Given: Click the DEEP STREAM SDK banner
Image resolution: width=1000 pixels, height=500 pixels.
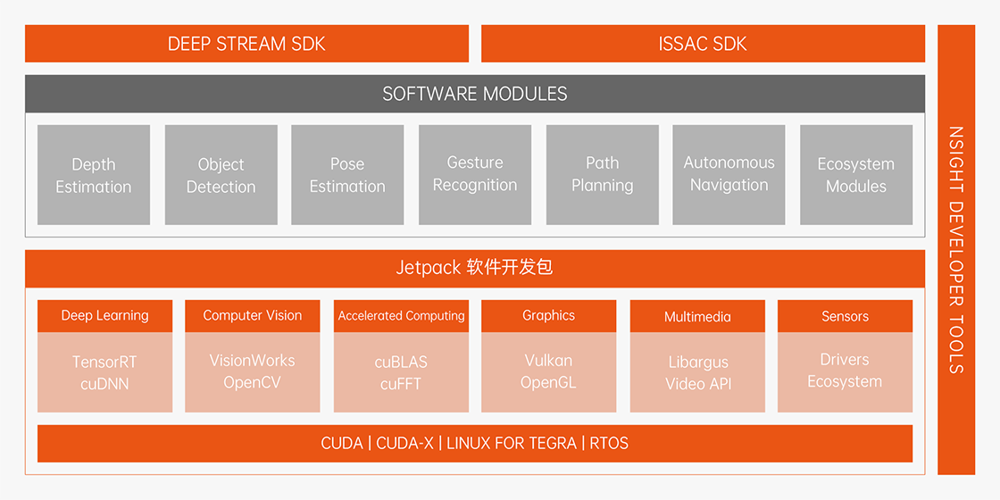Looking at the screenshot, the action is (x=246, y=44).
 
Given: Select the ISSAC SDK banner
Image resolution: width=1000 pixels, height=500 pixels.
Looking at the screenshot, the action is (x=703, y=44).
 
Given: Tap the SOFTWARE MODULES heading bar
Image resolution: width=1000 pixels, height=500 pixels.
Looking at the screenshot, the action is (x=475, y=94).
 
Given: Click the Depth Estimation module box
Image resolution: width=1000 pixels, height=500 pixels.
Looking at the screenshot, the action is (x=94, y=175).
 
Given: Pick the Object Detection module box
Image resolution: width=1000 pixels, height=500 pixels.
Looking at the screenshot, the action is (x=221, y=175).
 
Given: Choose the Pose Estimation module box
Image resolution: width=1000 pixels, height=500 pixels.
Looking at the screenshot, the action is (x=347, y=175).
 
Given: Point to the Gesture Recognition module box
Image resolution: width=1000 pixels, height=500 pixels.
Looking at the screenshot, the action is (x=475, y=175).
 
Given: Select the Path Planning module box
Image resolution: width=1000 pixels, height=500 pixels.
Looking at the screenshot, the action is (x=603, y=175).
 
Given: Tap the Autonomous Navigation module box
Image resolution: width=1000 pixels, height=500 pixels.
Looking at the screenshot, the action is (x=729, y=175).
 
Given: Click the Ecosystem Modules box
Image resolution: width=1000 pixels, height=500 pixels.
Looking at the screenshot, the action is (x=856, y=175).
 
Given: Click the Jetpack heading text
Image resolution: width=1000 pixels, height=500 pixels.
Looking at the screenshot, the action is (x=474, y=268).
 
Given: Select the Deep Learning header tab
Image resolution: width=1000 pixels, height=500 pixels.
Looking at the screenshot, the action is (x=105, y=316).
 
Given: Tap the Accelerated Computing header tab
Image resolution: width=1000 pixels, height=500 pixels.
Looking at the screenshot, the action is (x=401, y=316).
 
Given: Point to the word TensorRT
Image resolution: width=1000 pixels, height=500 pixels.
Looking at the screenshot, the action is (x=104, y=362).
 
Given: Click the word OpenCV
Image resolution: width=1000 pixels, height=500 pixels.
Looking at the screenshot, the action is (x=252, y=383).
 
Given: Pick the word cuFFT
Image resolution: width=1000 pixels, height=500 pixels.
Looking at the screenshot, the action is (x=401, y=385).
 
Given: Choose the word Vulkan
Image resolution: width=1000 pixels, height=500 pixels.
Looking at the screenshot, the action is (x=548, y=361).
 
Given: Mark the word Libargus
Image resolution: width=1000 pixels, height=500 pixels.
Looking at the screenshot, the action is (x=698, y=362).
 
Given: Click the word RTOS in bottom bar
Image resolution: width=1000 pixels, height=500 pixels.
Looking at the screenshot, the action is (x=609, y=443).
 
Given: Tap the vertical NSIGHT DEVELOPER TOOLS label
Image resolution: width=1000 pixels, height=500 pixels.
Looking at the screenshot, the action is (x=956, y=250).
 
